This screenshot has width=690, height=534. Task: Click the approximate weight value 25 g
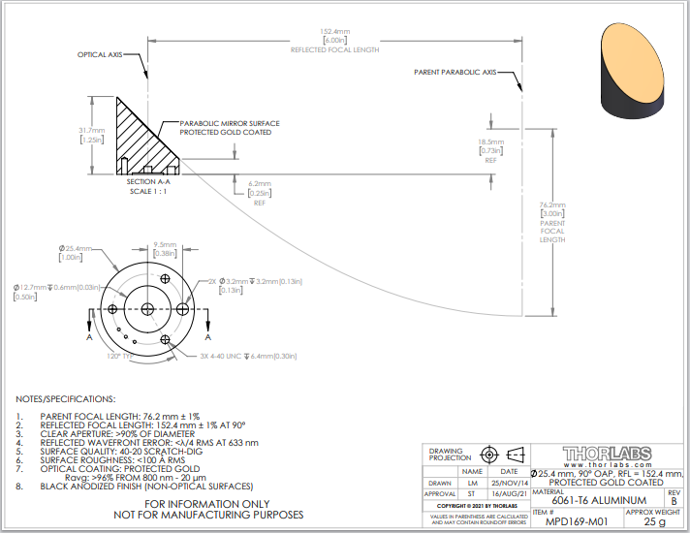tap(656, 521)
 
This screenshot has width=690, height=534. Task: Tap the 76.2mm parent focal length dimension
tap(552, 205)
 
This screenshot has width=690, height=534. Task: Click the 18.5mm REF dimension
tap(492, 141)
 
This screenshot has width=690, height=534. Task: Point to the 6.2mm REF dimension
tap(259, 183)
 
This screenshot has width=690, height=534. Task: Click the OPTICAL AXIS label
tap(104, 55)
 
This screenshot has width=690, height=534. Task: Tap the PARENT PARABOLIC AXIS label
tap(455, 72)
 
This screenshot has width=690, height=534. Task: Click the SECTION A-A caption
tap(148, 181)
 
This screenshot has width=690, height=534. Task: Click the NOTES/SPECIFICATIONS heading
tap(65, 399)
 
